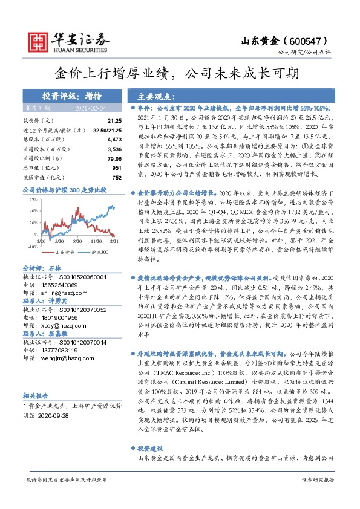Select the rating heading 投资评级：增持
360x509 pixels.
pos(67,96)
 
